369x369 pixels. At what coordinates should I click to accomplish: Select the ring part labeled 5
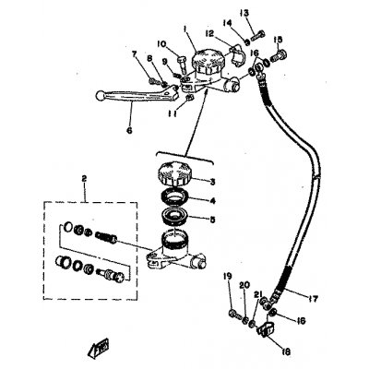click(177, 220)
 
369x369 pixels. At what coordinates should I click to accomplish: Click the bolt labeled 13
click(256, 34)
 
